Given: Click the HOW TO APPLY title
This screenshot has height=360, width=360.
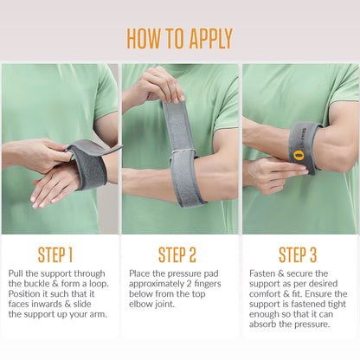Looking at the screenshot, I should click(x=179, y=39).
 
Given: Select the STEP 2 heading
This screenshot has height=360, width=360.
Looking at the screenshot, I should click(x=177, y=255).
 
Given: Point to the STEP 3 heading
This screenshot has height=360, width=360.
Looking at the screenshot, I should click(x=298, y=255).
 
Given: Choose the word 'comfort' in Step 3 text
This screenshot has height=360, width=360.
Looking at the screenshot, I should click(x=265, y=293).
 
